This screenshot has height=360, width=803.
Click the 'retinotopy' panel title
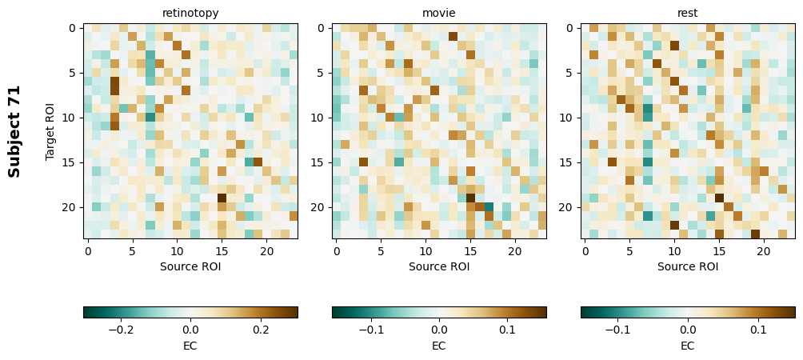190,13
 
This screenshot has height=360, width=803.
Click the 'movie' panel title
439,13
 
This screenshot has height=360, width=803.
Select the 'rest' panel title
688,13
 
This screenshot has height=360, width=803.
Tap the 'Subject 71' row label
14,130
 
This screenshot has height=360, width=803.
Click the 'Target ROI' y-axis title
50,130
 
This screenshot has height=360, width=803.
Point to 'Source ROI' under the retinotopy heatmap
190,266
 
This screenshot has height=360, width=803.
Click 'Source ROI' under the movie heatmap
439,266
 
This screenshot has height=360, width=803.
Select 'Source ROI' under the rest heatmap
688,266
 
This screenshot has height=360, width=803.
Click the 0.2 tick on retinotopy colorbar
262,329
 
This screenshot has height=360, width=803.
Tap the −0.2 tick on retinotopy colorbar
119,329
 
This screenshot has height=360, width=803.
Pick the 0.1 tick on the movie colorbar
507,329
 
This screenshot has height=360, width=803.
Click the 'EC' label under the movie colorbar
439,346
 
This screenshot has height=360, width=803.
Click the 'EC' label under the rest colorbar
688,346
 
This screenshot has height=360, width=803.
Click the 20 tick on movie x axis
515,251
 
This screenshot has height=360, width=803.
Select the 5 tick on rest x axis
629,251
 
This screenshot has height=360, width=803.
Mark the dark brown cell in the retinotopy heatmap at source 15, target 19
222,198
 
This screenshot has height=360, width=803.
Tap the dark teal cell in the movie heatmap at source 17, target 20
489,207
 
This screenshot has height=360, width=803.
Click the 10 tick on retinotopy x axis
177,251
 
